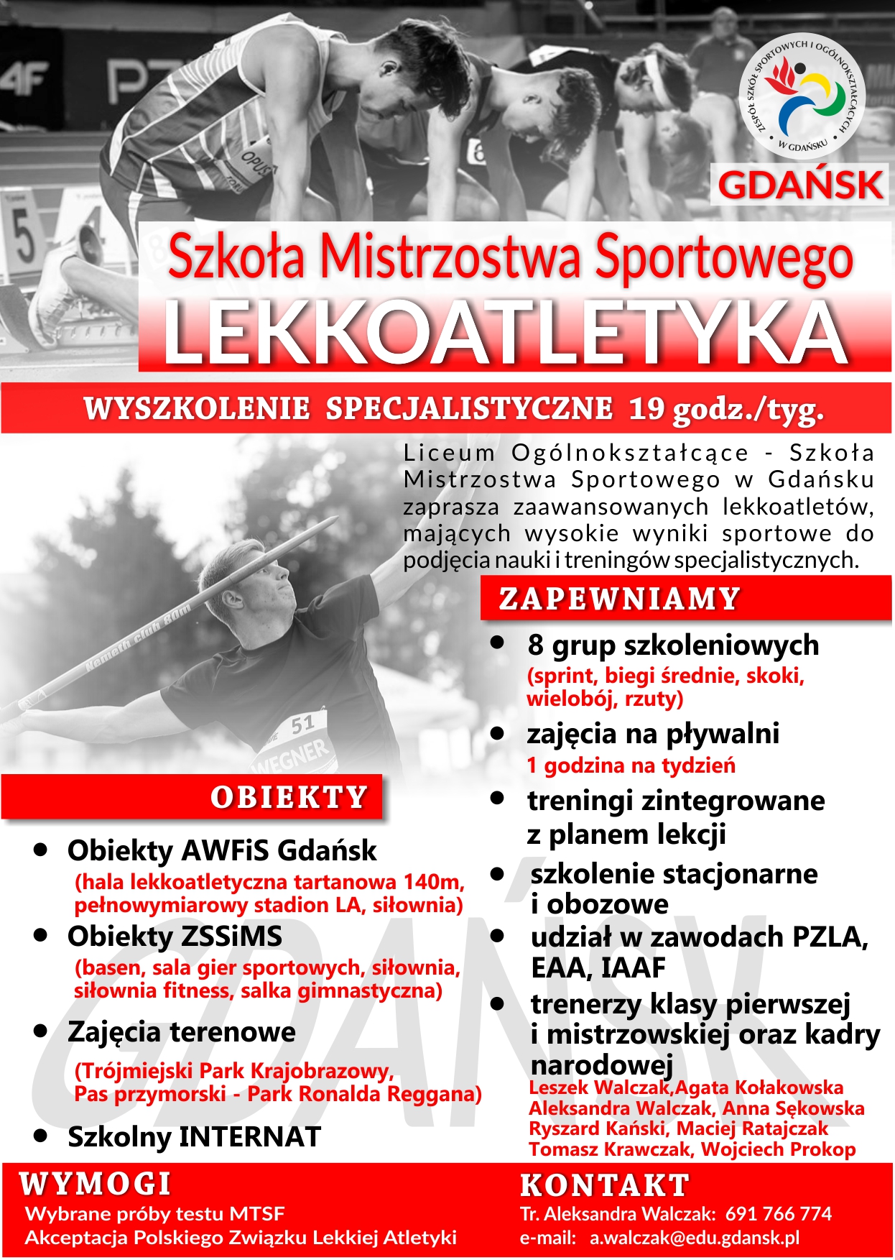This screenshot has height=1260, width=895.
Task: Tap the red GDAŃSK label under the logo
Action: coord(800,185)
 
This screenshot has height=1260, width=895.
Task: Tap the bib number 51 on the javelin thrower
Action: coord(303,725)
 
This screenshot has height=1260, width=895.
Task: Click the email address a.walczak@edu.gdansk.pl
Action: coord(694,1238)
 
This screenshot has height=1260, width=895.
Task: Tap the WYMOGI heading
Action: coord(96,1184)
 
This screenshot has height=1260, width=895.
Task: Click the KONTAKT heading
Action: coord(605,1185)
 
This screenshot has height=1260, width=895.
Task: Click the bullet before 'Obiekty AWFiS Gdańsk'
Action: coord(41,850)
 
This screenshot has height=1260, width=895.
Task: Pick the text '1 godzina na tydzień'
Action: coord(631,765)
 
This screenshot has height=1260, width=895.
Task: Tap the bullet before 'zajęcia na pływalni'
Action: coord(497,733)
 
